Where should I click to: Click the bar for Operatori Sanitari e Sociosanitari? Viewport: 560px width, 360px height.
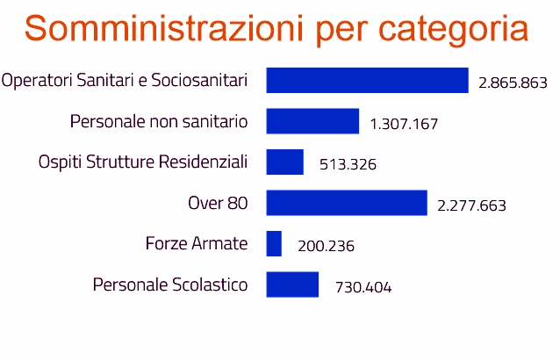tap(367, 81)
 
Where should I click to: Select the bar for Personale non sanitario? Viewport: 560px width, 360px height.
tap(312, 121)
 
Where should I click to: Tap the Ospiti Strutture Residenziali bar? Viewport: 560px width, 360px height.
tap(284, 162)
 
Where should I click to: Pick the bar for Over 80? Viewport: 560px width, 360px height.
tap(347, 203)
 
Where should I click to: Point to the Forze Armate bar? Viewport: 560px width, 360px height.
tap(274, 244)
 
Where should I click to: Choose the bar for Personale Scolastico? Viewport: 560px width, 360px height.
tap(292, 284)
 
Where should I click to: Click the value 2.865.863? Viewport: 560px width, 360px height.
tap(513, 83)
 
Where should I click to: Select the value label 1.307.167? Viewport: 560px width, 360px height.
tap(404, 124)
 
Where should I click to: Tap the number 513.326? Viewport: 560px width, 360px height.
tap(346, 165)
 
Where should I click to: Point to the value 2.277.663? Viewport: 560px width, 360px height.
tap(471, 206)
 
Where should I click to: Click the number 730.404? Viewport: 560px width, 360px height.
tap(363, 288)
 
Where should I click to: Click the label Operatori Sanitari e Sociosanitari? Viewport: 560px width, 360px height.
tap(125, 81)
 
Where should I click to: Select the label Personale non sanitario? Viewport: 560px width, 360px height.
tap(159, 121)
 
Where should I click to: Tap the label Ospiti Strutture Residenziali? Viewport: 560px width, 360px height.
tap(143, 162)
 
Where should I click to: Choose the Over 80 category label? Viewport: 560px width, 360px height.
tap(218, 203)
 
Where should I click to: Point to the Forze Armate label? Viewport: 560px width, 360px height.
tap(197, 244)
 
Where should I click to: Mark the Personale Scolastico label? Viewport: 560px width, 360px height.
tap(170, 285)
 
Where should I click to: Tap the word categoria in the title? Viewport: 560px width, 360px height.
tap(454, 30)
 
